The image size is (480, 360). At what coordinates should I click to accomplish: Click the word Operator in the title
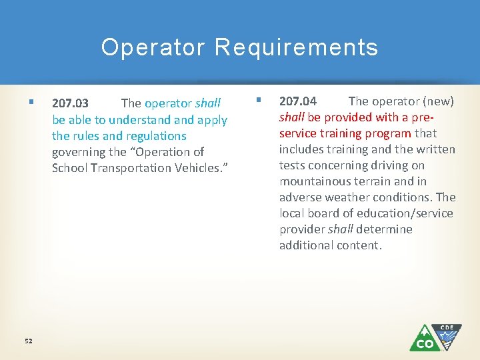tap(153, 47)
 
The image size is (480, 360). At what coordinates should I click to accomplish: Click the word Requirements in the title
tap(297, 47)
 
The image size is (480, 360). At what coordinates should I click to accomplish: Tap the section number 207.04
tap(298, 101)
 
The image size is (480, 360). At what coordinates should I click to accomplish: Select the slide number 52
tap(28, 341)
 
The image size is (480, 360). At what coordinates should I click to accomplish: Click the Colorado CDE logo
tap(435, 337)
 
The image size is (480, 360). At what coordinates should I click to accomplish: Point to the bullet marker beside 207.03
tap(32, 103)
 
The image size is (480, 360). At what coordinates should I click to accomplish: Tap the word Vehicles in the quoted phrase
tap(199, 168)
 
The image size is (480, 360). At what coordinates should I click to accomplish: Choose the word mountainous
tap(313, 181)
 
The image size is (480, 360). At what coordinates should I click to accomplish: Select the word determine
tap(384, 229)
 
